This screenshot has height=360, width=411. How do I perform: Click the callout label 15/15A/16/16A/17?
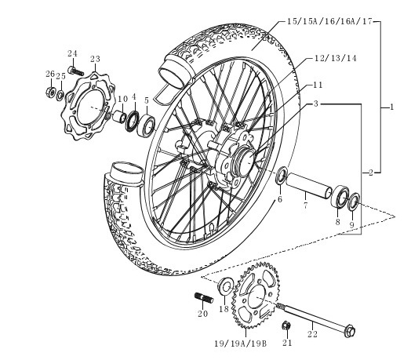(329, 21)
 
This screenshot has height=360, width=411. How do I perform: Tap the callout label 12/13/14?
(336, 58)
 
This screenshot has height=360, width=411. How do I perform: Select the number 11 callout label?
(318, 85)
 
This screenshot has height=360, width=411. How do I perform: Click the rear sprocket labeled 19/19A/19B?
(256, 296)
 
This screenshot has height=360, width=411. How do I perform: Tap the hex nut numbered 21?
(286, 326)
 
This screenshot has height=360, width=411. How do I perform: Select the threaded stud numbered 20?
(204, 298)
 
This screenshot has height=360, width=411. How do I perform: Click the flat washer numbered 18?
(225, 286)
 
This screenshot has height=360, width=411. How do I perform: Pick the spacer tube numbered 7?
(309, 186)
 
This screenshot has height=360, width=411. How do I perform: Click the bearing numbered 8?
(340, 196)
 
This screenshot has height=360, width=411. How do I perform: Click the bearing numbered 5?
(146, 125)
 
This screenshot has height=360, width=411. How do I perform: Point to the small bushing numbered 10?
(119, 116)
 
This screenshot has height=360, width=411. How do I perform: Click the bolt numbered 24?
(76, 71)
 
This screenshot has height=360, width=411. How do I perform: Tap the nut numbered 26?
(50, 91)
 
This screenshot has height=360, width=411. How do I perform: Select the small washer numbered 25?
(60, 95)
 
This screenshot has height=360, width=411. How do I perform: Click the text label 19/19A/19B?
(240, 344)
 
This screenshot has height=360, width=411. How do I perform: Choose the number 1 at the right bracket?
(391, 107)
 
